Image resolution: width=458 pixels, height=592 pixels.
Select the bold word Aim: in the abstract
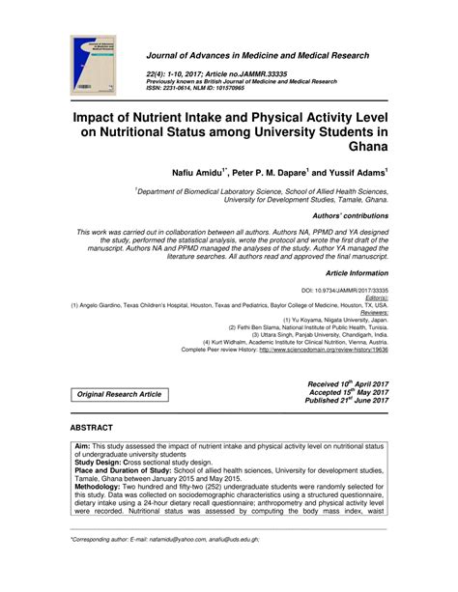click(84, 447)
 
